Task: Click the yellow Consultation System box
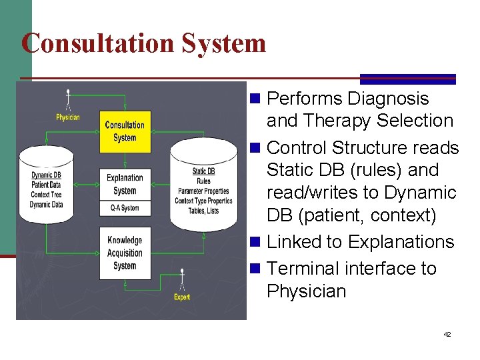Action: point(125,131)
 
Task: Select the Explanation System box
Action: point(125,184)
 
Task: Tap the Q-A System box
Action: point(125,208)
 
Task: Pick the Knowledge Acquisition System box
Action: point(125,253)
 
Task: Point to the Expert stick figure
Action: point(181,280)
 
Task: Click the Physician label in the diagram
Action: point(67,118)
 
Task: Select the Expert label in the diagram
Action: point(181,297)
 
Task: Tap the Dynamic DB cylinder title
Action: point(45,175)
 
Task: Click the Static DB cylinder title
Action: point(203,172)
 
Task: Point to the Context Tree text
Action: point(45,195)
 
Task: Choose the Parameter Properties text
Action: point(203,191)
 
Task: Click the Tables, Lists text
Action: point(203,211)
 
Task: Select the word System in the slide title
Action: point(223,43)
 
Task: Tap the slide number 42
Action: point(447,334)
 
